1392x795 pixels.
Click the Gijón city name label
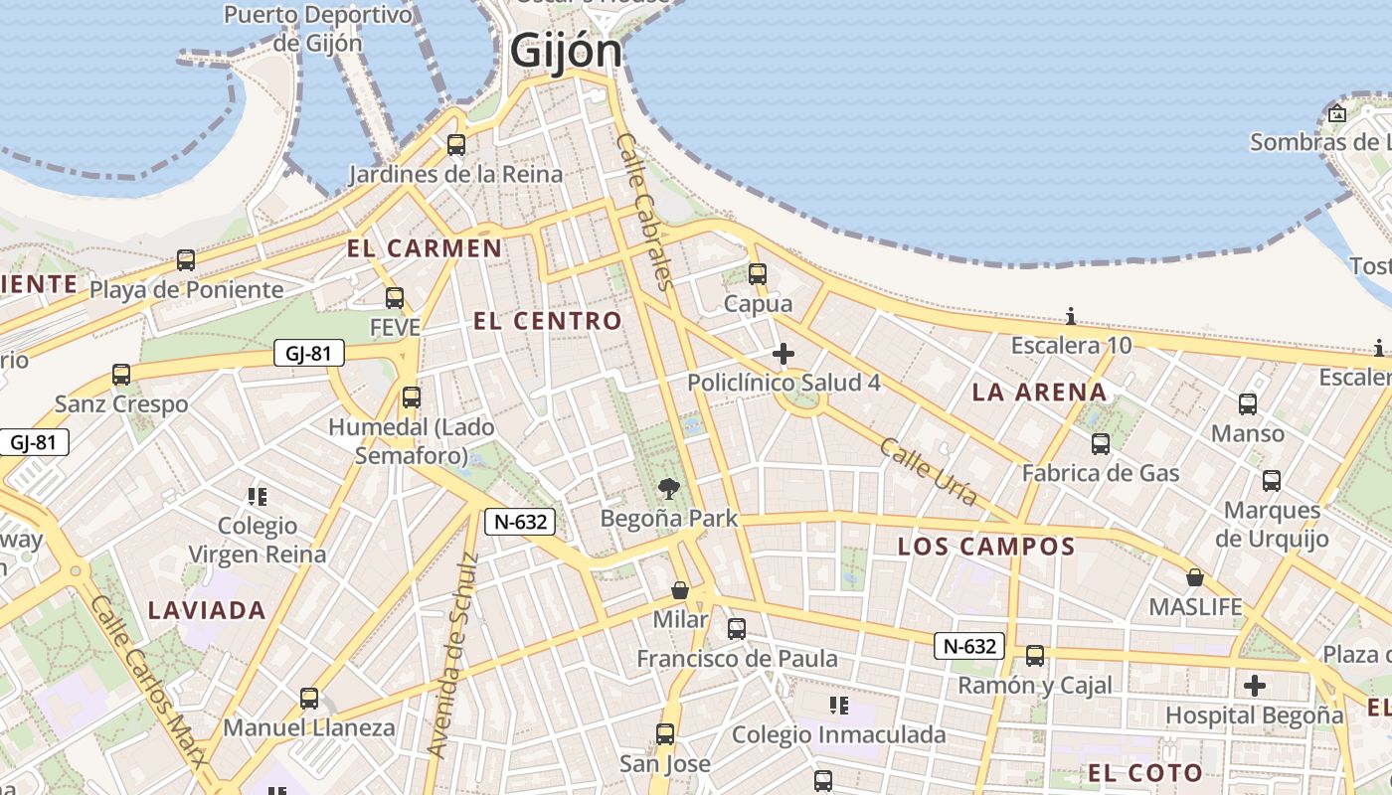click(566, 51)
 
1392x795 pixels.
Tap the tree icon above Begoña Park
click(669, 488)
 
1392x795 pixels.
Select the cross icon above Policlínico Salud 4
click(783, 353)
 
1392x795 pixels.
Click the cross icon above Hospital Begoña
click(1255, 685)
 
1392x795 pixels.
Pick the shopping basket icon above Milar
click(680, 590)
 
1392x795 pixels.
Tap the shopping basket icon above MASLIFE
click(1195, 577)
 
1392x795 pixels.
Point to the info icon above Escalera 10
click(1071, 317)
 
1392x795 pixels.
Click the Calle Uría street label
click(928, 472)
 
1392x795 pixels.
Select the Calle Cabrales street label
click(646, 211)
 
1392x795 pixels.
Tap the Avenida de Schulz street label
click(452, 655)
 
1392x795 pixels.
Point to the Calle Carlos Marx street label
click(150, 681)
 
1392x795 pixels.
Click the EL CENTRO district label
click(548, 321)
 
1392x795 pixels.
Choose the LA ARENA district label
click(1039, 393)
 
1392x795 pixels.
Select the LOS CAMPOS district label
click(986, 547)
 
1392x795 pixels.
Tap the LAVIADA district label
click(207, 610)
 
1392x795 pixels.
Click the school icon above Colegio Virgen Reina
click(258, 496)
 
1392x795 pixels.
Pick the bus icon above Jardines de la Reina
click(456, 145)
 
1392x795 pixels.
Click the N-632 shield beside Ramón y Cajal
click(969, 647)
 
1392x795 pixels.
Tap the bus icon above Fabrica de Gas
click(1101, 444)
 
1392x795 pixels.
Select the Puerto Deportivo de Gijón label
click(317, 29)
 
